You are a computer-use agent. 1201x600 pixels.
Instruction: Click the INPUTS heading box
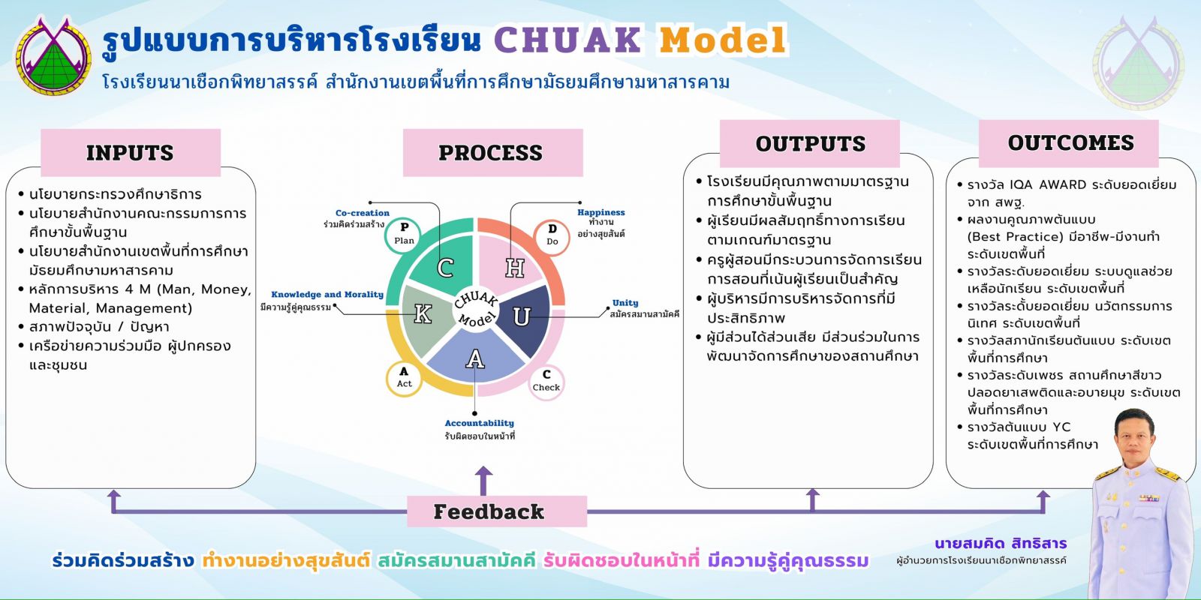(130, 152)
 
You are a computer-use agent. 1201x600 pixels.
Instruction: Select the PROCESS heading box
(492, 152)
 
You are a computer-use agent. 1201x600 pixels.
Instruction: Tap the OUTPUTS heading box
(810, 143)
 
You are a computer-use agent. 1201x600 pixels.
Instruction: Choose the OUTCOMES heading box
(1071, 142)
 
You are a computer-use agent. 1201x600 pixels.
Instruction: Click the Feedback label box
(489, 511)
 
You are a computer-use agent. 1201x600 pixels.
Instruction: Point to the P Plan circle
(405, 234)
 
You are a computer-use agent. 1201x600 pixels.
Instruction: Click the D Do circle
(552, 235)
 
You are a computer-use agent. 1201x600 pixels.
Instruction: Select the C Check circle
(546, 381)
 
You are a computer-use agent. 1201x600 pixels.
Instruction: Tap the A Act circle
(405, 377)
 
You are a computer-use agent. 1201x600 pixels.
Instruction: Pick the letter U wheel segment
(521, 316)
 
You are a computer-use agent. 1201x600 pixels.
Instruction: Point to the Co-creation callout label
(362, 213)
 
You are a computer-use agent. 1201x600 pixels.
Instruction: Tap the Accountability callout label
(479, 424)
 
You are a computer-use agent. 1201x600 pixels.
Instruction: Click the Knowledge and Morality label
(327, 295)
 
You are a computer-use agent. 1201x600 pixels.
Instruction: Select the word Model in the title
(722, 40)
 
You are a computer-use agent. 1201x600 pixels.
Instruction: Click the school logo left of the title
(54, 56)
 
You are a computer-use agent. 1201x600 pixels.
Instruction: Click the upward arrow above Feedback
(484, 480)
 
